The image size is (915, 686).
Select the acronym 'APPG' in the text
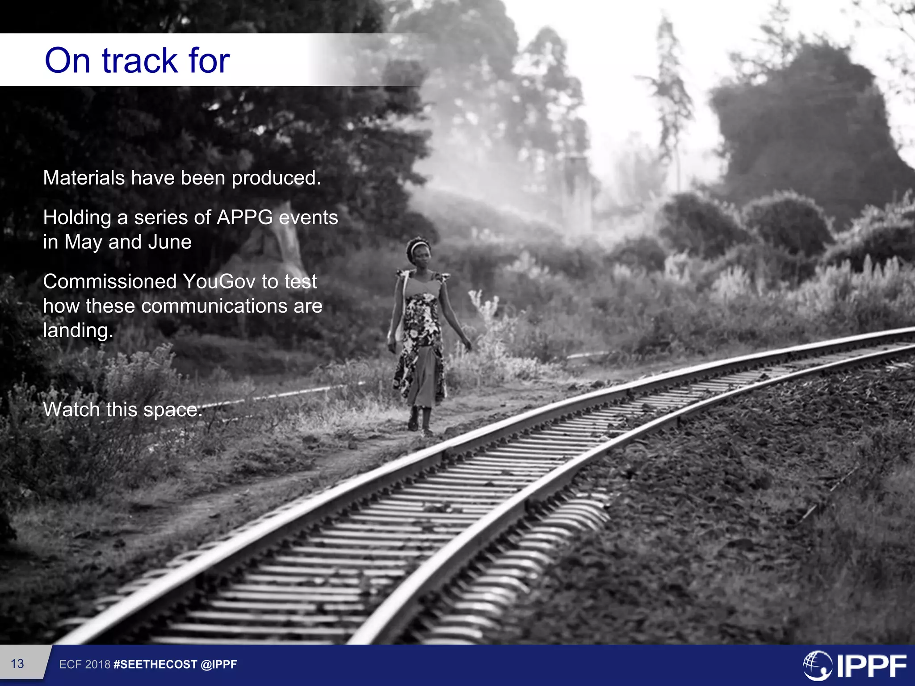tap(244, 218)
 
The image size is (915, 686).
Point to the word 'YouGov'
tap(219, 282)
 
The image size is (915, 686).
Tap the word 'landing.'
tap(78, 331)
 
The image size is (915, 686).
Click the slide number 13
tap(17, 664)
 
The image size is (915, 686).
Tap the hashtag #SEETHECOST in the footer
tap(155, 665)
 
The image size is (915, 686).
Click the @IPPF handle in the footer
tap(219, 665)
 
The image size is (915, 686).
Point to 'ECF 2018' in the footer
tap(84, 665)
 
